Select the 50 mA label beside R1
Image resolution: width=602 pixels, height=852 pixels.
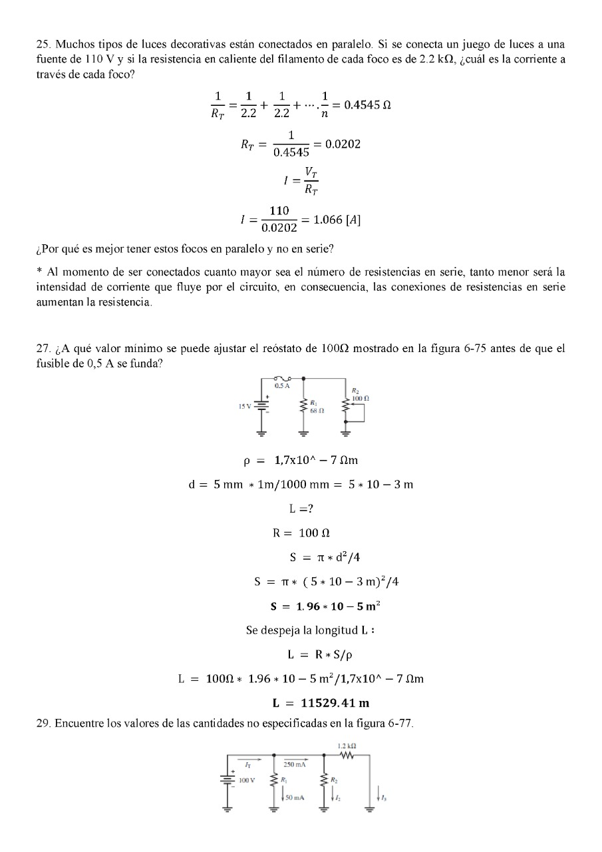tap(293, 797)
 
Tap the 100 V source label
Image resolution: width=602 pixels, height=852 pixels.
tap(247, 778)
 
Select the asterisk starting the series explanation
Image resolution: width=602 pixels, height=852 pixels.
tap(39, 272)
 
